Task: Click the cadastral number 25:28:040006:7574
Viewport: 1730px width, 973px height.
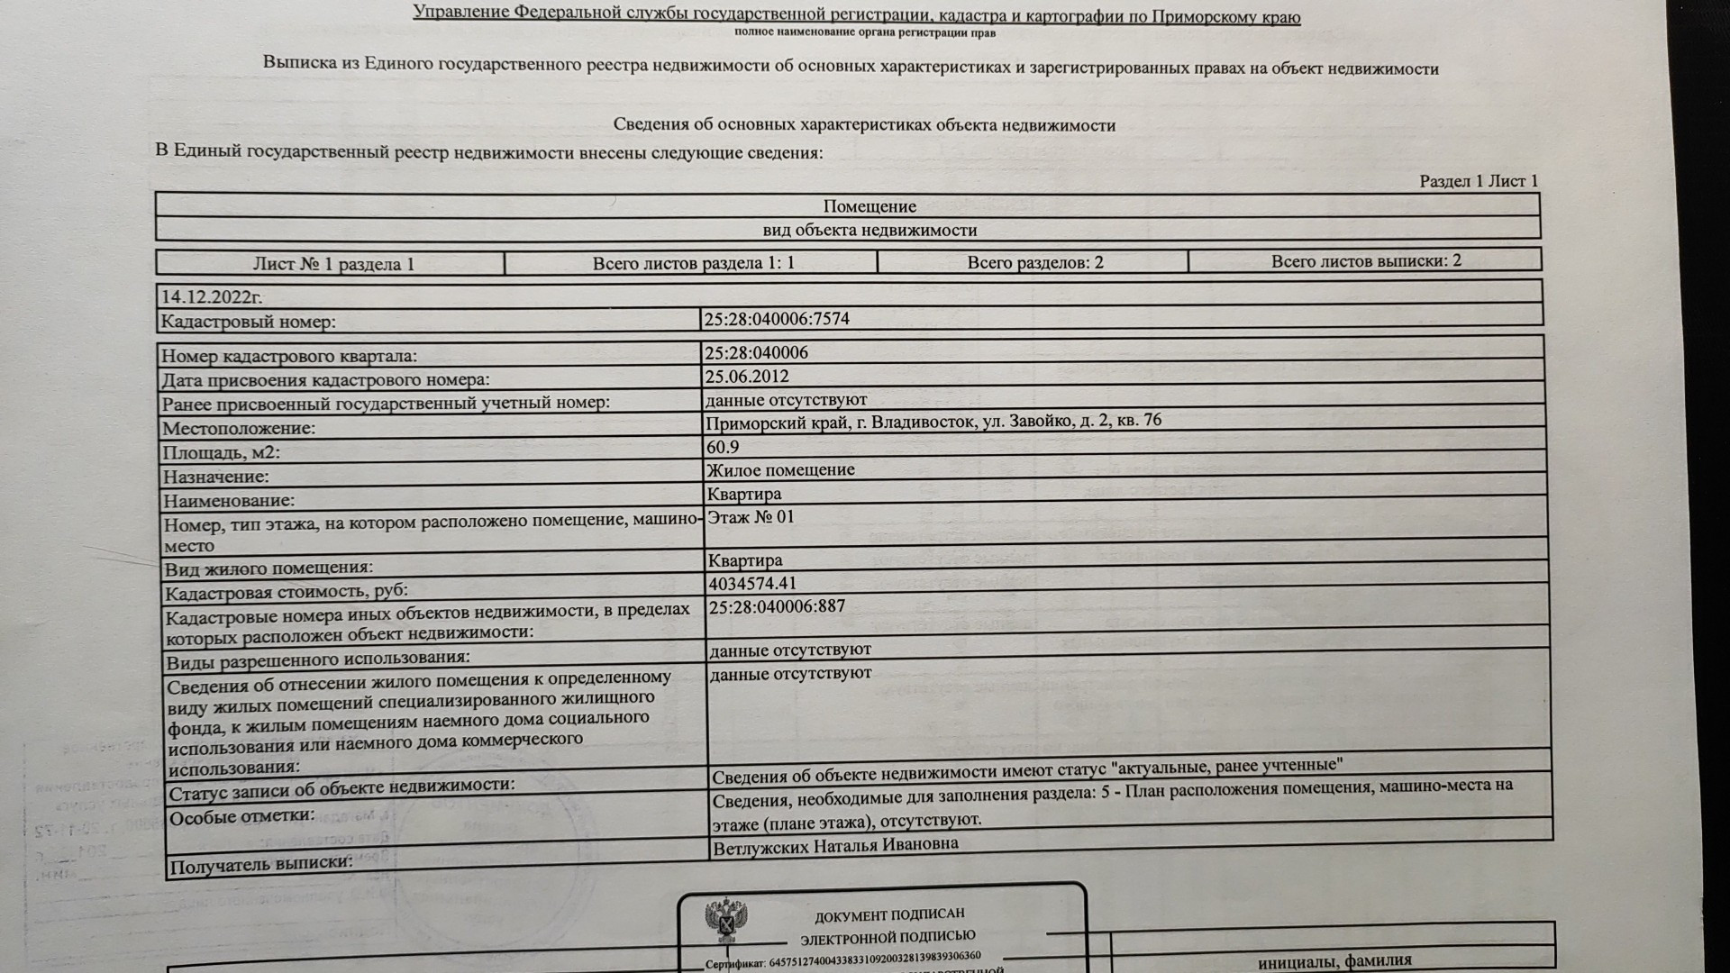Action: tap(777, 319)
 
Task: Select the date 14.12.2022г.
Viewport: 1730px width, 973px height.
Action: tap(212, 296)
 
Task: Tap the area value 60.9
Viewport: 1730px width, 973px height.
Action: tap(723, 447)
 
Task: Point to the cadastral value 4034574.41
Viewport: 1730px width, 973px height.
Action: tap(752, 583)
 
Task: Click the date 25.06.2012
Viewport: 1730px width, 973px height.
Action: tap(747, 377)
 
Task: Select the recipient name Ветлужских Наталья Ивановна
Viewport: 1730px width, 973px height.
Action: tap(835, 846)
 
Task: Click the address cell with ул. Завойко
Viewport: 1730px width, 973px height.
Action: tap(933, 422)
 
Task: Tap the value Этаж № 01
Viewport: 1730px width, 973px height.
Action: tap(751, 517)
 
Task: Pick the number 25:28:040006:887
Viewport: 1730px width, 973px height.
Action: tap(777, 606)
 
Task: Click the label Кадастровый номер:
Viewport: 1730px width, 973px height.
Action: tap(248, 322)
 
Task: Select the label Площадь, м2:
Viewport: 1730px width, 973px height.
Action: tap(227, 453)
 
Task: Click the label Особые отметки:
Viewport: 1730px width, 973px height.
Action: tap(242, 817)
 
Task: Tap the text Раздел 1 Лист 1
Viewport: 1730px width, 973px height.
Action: tap(1479, 181)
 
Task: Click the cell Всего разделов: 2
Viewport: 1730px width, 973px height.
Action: tap(1035, 263)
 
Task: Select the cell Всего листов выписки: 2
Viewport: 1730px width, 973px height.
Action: tap(1366, 261)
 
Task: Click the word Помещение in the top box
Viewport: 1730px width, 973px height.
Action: tap(870, 206)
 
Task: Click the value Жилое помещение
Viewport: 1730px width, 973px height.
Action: tap(780, 470)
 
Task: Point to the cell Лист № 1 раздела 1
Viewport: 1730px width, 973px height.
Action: tap(333, 264)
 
